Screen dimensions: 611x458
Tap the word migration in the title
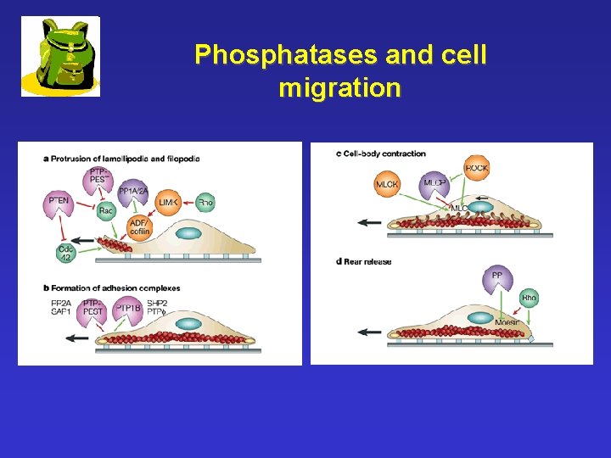tap(339, 87)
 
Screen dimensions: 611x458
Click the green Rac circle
tap(105, 210)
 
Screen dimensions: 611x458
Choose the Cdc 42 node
tap(66, 252)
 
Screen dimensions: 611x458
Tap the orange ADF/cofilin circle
tap(139, 228)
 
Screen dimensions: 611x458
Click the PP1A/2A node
tap(133, 193)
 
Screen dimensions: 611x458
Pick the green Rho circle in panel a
tap(205, 202)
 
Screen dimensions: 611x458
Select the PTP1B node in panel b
tap(126, 311)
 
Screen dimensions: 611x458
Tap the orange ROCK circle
tap(476, 169)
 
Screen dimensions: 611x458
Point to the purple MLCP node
tap(435, 184)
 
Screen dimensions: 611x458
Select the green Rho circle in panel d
tap(530, 298)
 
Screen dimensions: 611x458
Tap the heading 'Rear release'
tap(367, 261)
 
